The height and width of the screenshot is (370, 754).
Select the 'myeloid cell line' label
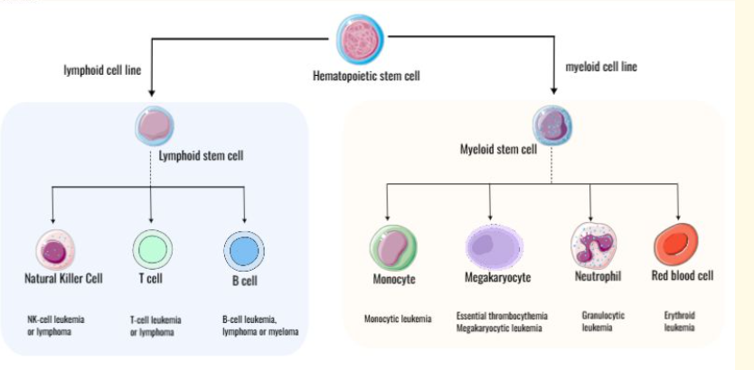pos(600,67)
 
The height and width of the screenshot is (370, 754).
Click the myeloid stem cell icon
pos(551,124)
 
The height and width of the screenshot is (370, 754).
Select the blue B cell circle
pos(245,249)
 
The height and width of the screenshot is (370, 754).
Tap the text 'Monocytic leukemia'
pos(398,319)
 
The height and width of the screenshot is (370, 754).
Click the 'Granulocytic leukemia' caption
pos(600,322)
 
